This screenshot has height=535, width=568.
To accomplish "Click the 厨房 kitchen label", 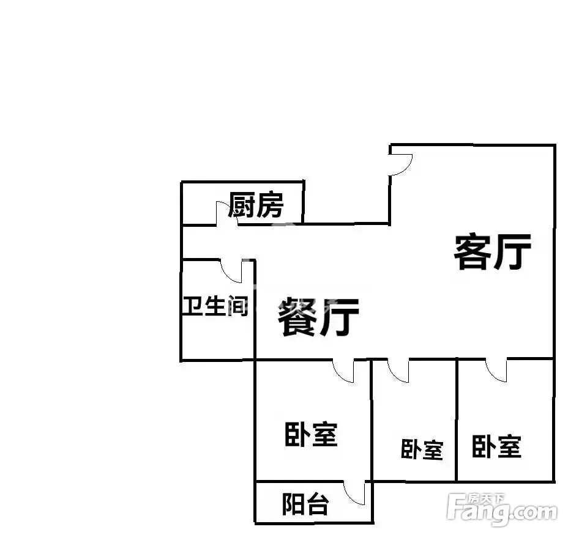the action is click(256, 205).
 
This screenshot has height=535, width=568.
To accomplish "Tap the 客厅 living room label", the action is click(493, 253).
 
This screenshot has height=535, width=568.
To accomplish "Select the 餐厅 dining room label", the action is click(318, 316).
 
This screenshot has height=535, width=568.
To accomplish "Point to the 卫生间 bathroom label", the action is click(215, 306).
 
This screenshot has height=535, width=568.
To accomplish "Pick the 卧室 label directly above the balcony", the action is click(311, 434).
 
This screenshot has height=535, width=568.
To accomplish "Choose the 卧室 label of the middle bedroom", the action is click(422, 449).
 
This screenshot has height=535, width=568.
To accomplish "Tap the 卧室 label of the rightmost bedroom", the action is click(496, 447).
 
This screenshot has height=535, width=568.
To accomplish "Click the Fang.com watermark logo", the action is click(502, 509).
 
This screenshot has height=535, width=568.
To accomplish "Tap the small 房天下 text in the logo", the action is click(485, 499).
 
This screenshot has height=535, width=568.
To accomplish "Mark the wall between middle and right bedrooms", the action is click(457, 420).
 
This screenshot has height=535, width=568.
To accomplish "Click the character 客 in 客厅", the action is click(473, 253).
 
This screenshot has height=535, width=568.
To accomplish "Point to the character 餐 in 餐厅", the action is click(297, 316).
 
